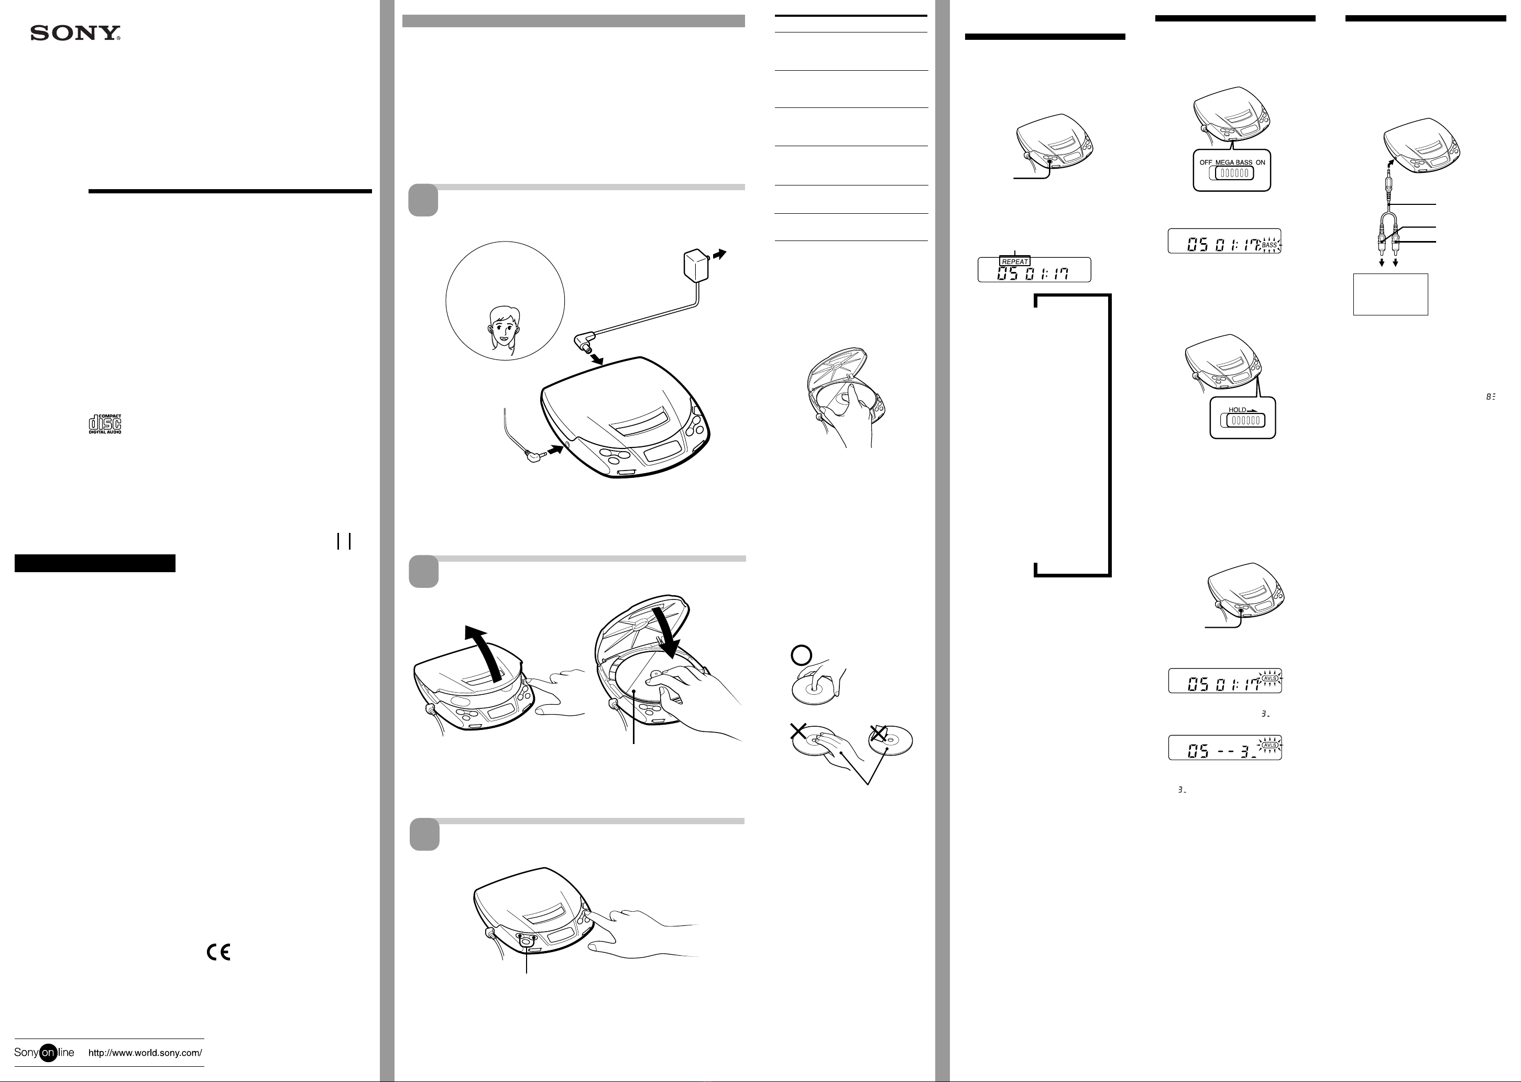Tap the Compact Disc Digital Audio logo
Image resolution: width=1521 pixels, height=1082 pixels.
pos(105,424)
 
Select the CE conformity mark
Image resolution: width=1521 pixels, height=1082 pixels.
pos(218,953)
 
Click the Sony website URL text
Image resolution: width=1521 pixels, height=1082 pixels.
pos(145,1053)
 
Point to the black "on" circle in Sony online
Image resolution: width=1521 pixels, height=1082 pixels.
pos(48,1053)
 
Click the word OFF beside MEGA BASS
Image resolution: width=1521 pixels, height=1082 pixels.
pos(1206,162)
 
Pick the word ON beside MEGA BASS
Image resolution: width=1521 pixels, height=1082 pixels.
pos(1261,162)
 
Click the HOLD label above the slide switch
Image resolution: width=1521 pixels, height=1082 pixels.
pos(1237,410)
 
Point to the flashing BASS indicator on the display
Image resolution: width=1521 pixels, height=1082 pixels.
pos(1269,245)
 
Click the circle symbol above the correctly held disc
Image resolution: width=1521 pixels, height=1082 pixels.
pos(800,655)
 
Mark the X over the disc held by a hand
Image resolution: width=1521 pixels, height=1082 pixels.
pos(798,731)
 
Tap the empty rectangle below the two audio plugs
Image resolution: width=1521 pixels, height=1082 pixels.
pos(1390,294)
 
